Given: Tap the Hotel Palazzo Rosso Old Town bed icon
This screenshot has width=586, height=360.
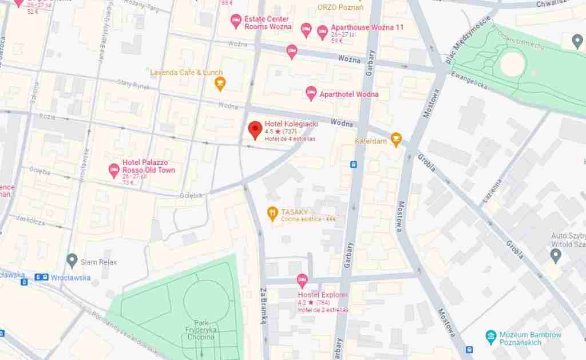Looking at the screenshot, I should coord(114,169).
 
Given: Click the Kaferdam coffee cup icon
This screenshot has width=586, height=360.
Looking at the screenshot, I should coord(395,139).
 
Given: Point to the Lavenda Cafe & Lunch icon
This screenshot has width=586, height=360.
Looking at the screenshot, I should coord(219,84).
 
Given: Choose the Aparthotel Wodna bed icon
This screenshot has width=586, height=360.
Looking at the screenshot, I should coord(311,93).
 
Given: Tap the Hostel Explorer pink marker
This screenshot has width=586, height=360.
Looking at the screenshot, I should coord(302,280).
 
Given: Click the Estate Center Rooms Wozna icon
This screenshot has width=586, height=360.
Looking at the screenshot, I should coord(235,22).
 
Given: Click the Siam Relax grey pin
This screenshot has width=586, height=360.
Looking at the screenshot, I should coord(72,261).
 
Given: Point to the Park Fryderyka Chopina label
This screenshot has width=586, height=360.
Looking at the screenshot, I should coord(199,329).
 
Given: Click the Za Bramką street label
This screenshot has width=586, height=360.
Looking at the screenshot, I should coord(264,305).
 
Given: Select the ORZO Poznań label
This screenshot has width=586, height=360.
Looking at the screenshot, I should coord(340,7).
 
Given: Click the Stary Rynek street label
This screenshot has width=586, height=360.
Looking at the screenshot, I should coord(133,85).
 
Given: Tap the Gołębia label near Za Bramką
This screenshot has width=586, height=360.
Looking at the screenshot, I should coord(191,195).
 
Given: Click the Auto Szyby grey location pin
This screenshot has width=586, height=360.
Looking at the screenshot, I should coord(555,253).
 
